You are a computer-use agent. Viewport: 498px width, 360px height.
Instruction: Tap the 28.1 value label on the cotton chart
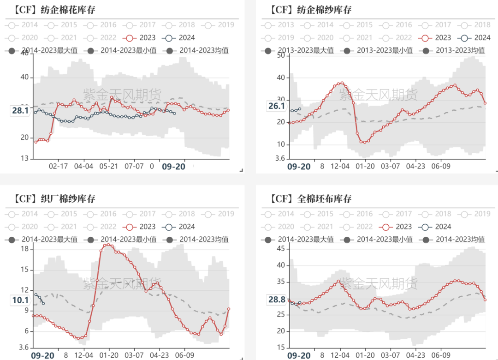20,110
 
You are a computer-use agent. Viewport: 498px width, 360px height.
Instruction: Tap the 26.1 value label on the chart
276,106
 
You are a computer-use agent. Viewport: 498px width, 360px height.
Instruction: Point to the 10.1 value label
20,300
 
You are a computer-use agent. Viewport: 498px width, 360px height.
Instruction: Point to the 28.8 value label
277,300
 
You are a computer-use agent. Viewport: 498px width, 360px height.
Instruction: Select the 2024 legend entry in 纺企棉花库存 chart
180,38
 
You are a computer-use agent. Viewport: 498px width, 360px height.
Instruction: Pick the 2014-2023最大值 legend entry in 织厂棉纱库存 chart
43,239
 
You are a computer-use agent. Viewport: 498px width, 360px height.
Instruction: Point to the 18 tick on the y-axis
25,249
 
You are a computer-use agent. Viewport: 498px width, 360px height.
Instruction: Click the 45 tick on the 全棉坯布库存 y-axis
280,248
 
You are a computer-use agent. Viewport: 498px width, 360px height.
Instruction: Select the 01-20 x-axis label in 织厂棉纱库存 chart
108,355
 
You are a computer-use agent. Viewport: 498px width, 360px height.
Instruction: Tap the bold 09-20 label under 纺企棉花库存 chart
173,167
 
